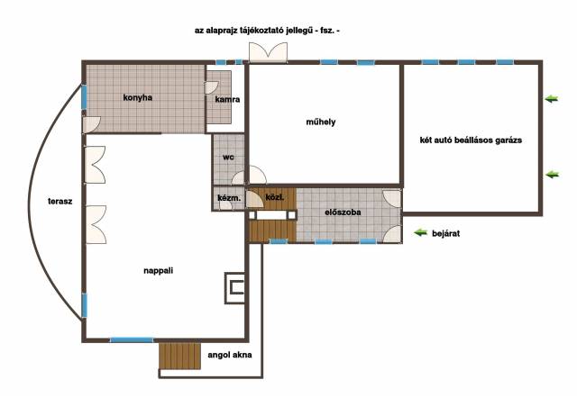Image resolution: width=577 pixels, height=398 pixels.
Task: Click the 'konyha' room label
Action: [137, 98]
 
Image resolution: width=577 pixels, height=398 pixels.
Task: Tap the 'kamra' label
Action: [227, 99]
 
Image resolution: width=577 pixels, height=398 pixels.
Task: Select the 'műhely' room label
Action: [321, 122]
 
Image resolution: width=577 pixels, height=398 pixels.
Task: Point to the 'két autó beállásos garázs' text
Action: [471, 140]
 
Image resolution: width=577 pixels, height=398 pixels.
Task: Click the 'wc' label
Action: [228, 158]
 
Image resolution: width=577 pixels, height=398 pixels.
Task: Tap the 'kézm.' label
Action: [229, 198]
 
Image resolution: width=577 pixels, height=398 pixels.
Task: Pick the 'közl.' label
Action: [274, 197]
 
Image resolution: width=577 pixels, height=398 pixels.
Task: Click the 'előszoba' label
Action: [343, 212]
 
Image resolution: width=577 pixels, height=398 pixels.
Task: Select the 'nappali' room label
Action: [159, 271]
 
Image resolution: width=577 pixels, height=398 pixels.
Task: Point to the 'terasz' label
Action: [60, 202]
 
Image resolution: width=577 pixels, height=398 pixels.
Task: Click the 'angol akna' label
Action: [230, 355]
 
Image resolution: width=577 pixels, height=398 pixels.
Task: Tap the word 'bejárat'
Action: [445, 234]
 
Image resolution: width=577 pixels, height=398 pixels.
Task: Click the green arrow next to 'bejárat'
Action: [420, 232]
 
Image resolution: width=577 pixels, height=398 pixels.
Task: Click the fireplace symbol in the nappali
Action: [235, 288]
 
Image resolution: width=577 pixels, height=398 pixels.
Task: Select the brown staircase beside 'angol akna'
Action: [180, 356]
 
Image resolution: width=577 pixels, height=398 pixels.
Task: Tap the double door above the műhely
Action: [269, 52]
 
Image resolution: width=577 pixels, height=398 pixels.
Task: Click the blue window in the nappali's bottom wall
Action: [132, 340]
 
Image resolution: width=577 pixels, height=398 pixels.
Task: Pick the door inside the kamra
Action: [211, 87]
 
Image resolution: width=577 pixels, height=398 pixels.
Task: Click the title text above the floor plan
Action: [267, 31]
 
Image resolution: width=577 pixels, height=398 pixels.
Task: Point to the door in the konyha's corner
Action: [92, 125]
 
